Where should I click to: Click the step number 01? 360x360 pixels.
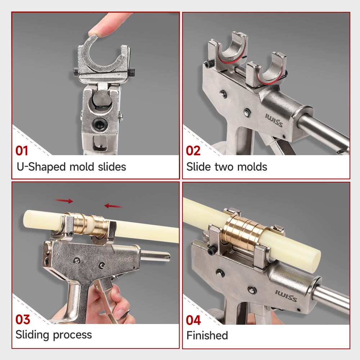(x=22, y=151)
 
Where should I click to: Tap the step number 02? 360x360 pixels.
(x=193, y=151)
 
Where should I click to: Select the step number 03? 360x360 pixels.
(x=23, y=320)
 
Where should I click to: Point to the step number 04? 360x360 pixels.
(x=193, y=320)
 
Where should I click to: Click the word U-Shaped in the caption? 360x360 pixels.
(x=41, y=167)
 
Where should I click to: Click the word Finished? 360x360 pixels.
(x=207, y=336)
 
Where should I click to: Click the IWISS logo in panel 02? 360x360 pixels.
(x=274, y=120)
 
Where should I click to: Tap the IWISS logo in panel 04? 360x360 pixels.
(x=286, y=296)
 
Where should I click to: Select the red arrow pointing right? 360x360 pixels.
(x=64, y=201)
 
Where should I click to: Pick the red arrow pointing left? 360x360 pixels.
(x=112, y=206)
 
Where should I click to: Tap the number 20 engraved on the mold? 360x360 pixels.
(x=231, y=59)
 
